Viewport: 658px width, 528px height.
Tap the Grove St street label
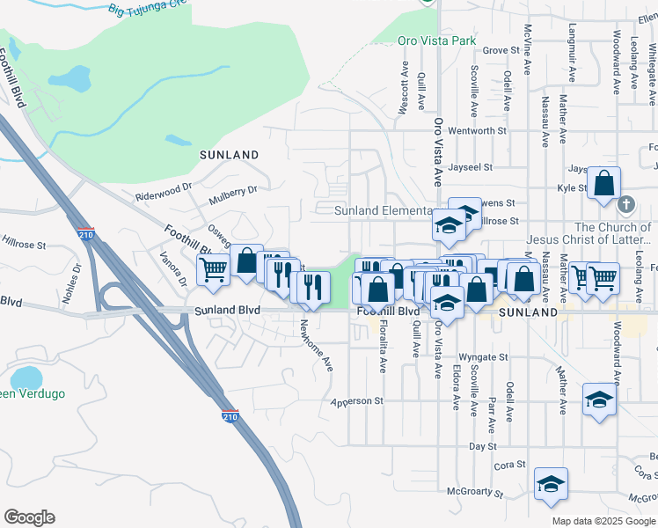(502, 51)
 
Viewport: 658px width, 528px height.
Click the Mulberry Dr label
(232, 193)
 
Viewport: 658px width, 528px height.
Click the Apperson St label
(357, 401)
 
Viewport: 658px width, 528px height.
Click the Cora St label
(510, 465)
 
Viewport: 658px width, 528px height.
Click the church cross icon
(625, 205)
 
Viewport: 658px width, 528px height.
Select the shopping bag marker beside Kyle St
(603, 185)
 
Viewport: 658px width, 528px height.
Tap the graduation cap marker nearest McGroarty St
(551, 484)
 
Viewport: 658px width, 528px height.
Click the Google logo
(29, 517)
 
